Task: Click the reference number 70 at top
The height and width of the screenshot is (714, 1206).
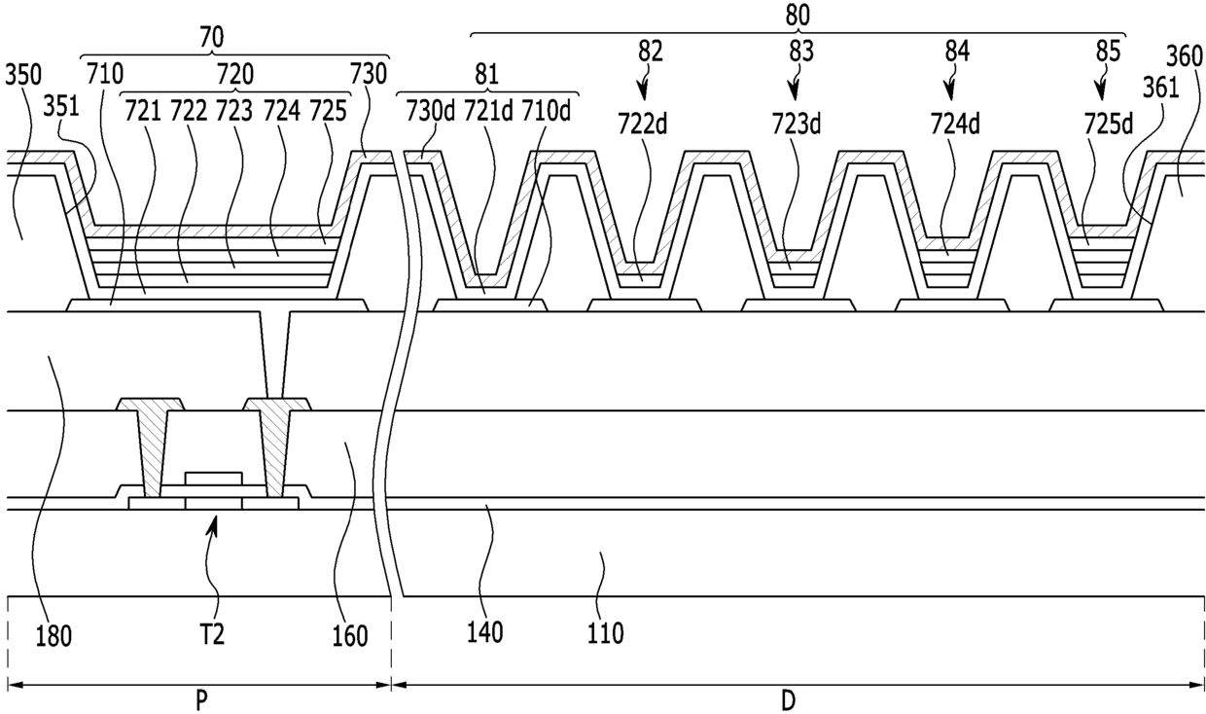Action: click(x=212, y=38)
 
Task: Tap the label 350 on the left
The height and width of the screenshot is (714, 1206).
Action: click(x=23, y=75)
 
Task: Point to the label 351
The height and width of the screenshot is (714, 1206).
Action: click(x=61, y=107)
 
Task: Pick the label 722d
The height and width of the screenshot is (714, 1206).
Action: click(x=643, y=125)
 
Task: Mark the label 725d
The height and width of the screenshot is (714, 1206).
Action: click(x=1109, y=125)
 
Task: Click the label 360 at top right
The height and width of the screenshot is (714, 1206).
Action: click(x=1185, y=57)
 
